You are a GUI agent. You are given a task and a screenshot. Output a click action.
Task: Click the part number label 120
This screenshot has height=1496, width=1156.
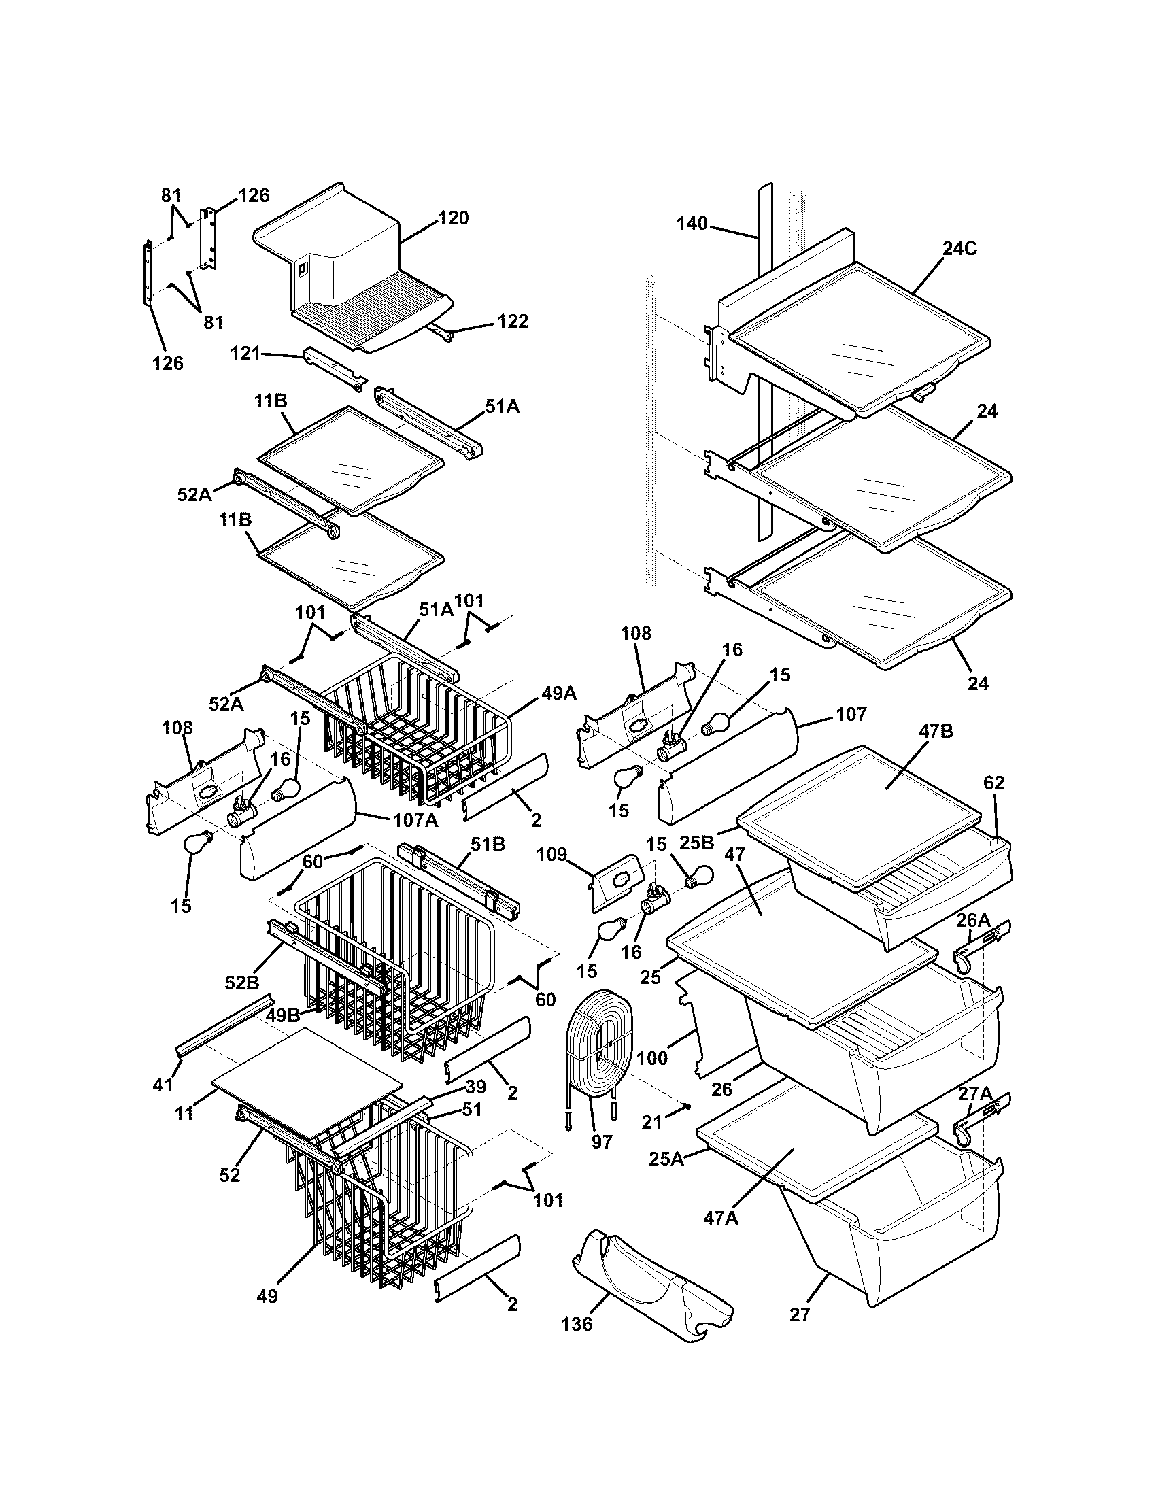[x=453, y=218]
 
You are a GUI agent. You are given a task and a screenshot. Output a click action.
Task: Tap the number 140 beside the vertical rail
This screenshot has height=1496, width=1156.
[x=692, y=224]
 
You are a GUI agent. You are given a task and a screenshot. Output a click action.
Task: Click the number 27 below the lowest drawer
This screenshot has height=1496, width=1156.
[x=799, y=1314]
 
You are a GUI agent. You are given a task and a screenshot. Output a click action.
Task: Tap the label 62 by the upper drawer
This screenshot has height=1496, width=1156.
[x=993, y=783]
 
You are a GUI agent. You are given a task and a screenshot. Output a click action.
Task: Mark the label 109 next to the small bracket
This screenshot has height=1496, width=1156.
[x=551, y=854]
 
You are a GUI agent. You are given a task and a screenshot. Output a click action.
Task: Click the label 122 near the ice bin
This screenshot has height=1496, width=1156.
[x=512, y=321]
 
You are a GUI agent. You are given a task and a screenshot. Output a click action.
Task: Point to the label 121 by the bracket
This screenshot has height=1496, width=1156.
[x=245, y=354]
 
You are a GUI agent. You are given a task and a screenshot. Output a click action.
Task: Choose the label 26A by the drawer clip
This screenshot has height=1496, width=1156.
[x=973, y=921]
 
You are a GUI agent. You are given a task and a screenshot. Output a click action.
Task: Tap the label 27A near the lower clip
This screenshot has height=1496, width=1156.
[x=973, y=1095]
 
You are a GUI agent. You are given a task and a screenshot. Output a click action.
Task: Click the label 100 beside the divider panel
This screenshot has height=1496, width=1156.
[x=651, y=1058]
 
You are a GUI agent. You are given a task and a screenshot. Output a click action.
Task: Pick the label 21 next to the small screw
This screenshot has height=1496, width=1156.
[x=652, y=1121]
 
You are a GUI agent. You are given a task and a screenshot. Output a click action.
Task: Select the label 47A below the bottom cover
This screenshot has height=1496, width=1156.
[x=721, y=1218]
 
